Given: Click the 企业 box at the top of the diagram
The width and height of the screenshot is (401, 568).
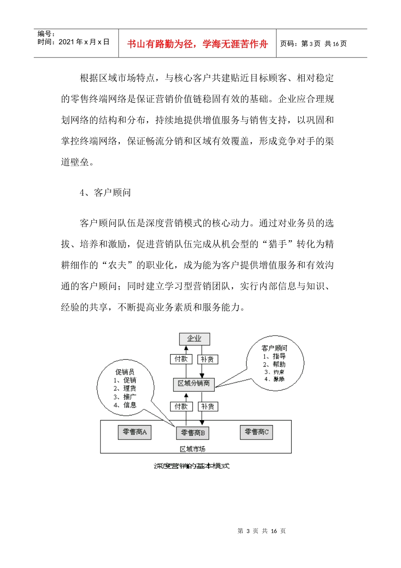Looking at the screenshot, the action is (194, 339).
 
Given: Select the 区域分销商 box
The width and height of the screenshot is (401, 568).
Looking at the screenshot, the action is (194, 383).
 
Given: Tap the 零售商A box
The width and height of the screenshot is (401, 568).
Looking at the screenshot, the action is (135, 432).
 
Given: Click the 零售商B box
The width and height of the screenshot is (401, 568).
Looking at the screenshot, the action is (193, 433).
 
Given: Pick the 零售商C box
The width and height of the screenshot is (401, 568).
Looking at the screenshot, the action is (257, 432).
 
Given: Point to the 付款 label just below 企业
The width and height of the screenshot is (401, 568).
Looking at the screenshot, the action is (181, 359).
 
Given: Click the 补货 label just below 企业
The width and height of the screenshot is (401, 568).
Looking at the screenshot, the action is (207, 359).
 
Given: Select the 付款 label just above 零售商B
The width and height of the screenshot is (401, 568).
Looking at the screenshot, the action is (181, 406).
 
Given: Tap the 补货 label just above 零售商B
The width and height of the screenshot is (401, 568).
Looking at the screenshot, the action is (207, 406).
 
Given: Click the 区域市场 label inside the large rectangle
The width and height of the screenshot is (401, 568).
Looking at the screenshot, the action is (192, 449).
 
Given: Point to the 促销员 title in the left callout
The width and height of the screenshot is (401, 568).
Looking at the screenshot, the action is (125, 372).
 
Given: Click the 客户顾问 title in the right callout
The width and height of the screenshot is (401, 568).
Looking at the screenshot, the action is (274, 348).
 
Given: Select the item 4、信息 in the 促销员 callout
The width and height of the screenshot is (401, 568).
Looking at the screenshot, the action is (125, 405).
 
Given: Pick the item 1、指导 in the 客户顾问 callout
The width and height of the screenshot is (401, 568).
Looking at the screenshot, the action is (274, 356).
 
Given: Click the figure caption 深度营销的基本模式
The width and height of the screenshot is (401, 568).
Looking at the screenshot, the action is (192, 466).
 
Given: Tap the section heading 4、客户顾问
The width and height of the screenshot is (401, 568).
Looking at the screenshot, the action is (106, 193).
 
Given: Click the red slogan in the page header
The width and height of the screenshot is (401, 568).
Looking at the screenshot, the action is (198, 44).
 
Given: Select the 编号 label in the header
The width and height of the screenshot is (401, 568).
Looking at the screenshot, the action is (46, 34).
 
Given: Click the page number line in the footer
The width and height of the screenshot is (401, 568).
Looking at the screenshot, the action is (262, 531).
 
